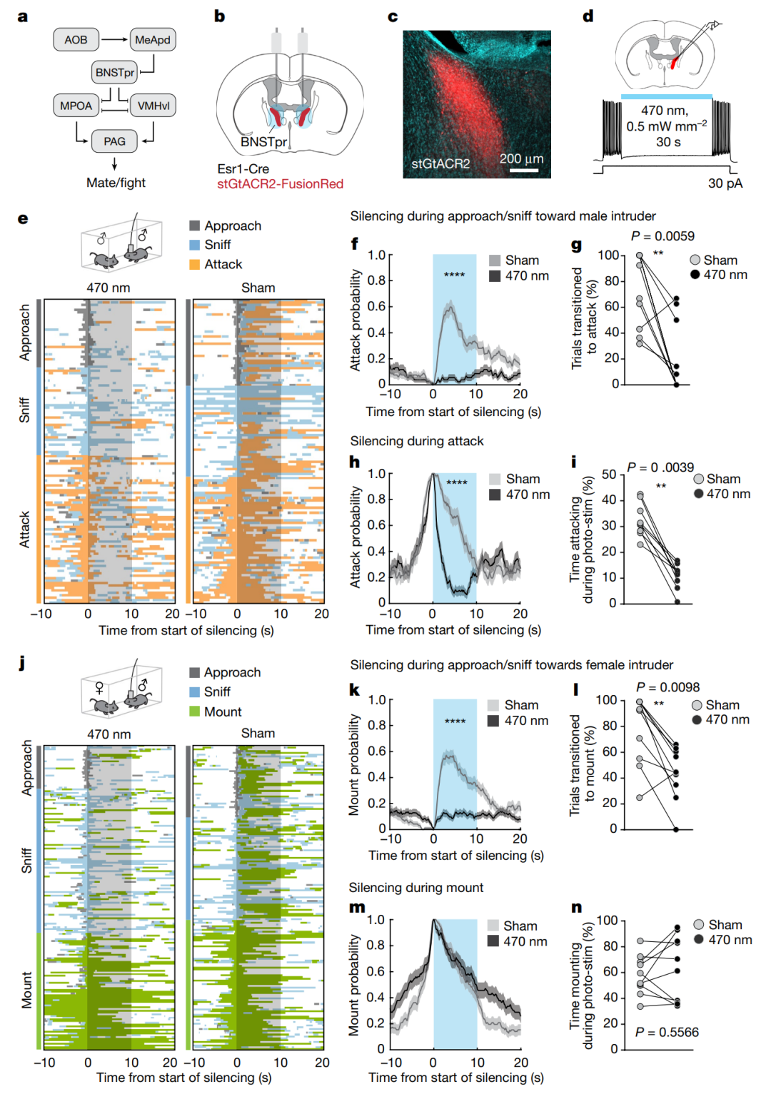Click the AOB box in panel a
point(76,39)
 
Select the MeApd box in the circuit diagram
point(153,39)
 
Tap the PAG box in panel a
point(114,141)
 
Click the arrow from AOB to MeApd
point(114,39)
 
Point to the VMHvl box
point(153,106)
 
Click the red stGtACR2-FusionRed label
point(280,184)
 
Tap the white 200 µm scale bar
point(524,171)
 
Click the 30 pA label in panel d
point(725,183)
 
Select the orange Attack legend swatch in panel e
point(194,264)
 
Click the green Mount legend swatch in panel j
point(194,711)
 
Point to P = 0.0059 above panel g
point(662,236)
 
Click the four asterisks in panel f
point(454,275)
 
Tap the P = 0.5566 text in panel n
point(667,1032)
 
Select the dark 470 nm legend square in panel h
point(495,495)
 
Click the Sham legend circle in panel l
point(697,705)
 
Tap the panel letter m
point(357,908)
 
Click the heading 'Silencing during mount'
point(416,888)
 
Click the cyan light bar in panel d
point(667,97)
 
